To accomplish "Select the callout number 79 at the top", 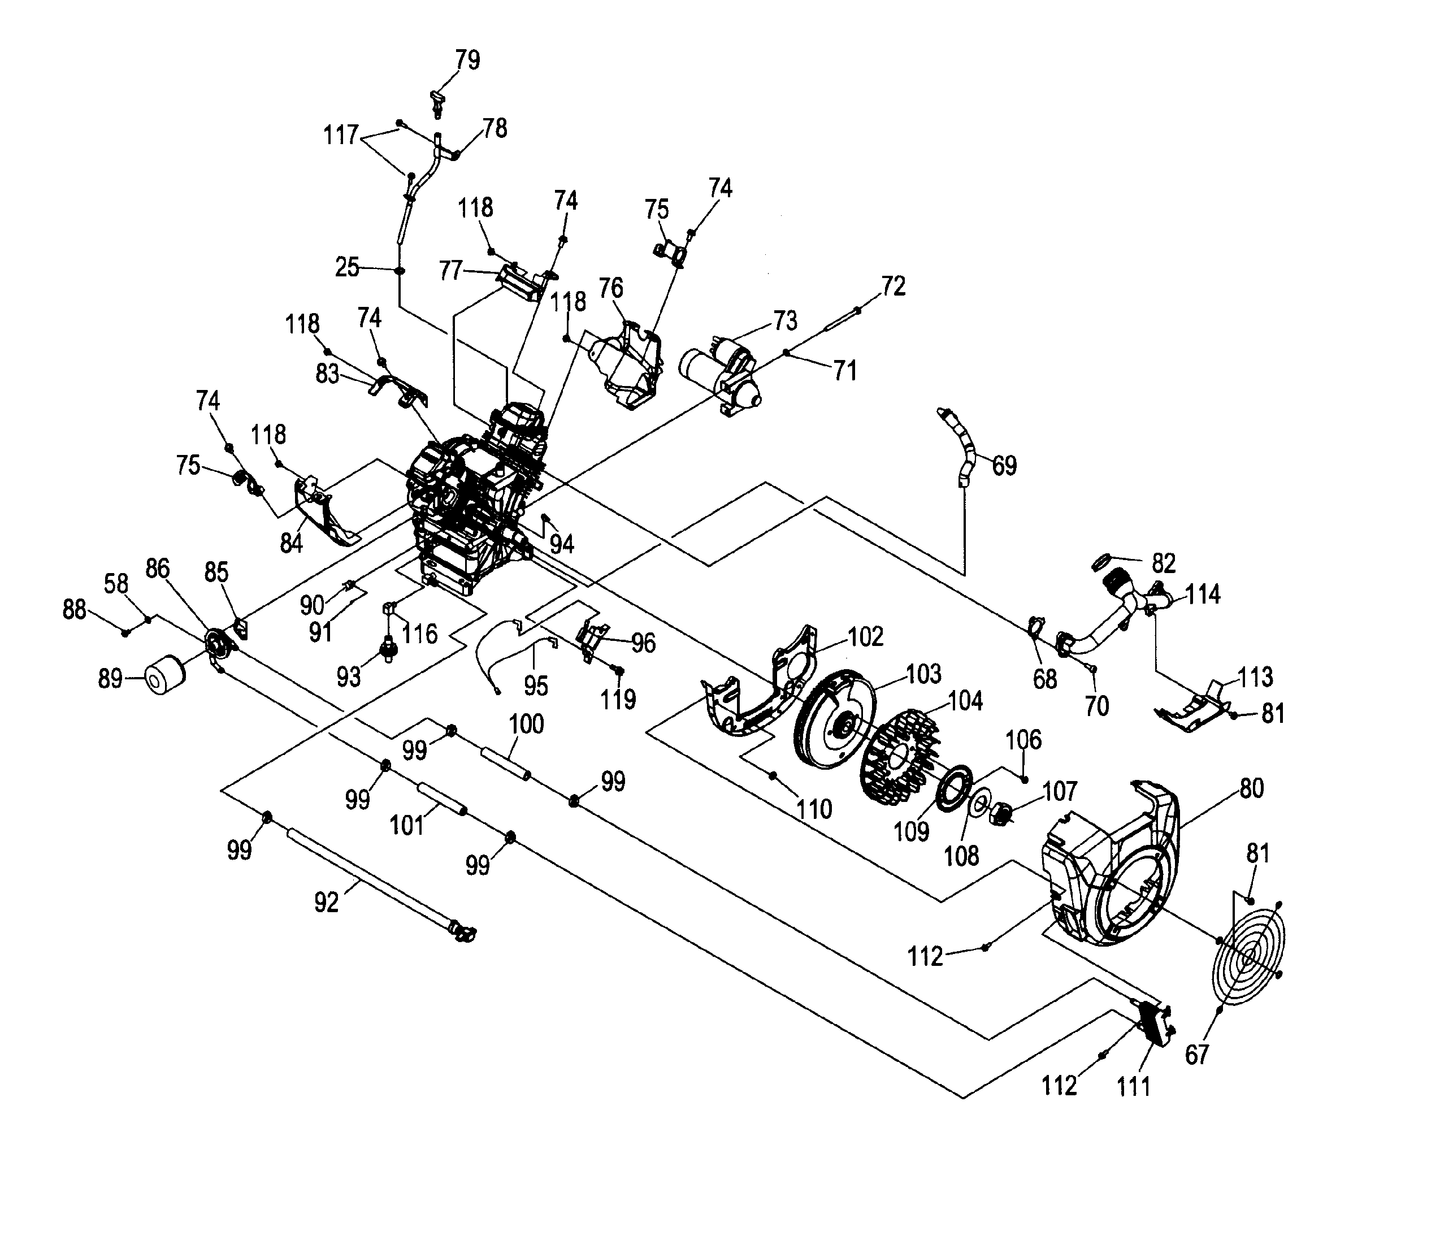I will (468, 60).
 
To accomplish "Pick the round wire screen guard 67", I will (1250, 956).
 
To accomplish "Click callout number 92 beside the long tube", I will (326, 903).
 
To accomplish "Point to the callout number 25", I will (347, 267).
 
